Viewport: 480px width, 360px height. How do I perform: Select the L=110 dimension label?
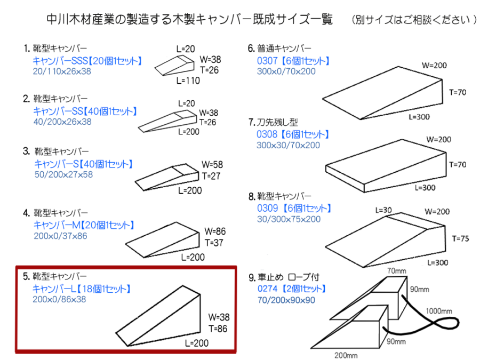188,81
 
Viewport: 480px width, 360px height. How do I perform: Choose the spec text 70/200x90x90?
286,300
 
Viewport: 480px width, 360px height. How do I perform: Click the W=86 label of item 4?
215,231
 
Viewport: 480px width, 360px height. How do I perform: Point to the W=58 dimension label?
212,164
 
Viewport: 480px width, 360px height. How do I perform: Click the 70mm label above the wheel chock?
396,271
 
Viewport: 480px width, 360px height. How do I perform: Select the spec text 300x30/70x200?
288,145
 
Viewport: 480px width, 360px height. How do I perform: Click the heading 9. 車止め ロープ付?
287,277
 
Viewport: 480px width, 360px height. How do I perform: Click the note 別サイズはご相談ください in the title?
414,20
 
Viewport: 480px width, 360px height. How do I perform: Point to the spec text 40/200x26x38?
62,122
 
